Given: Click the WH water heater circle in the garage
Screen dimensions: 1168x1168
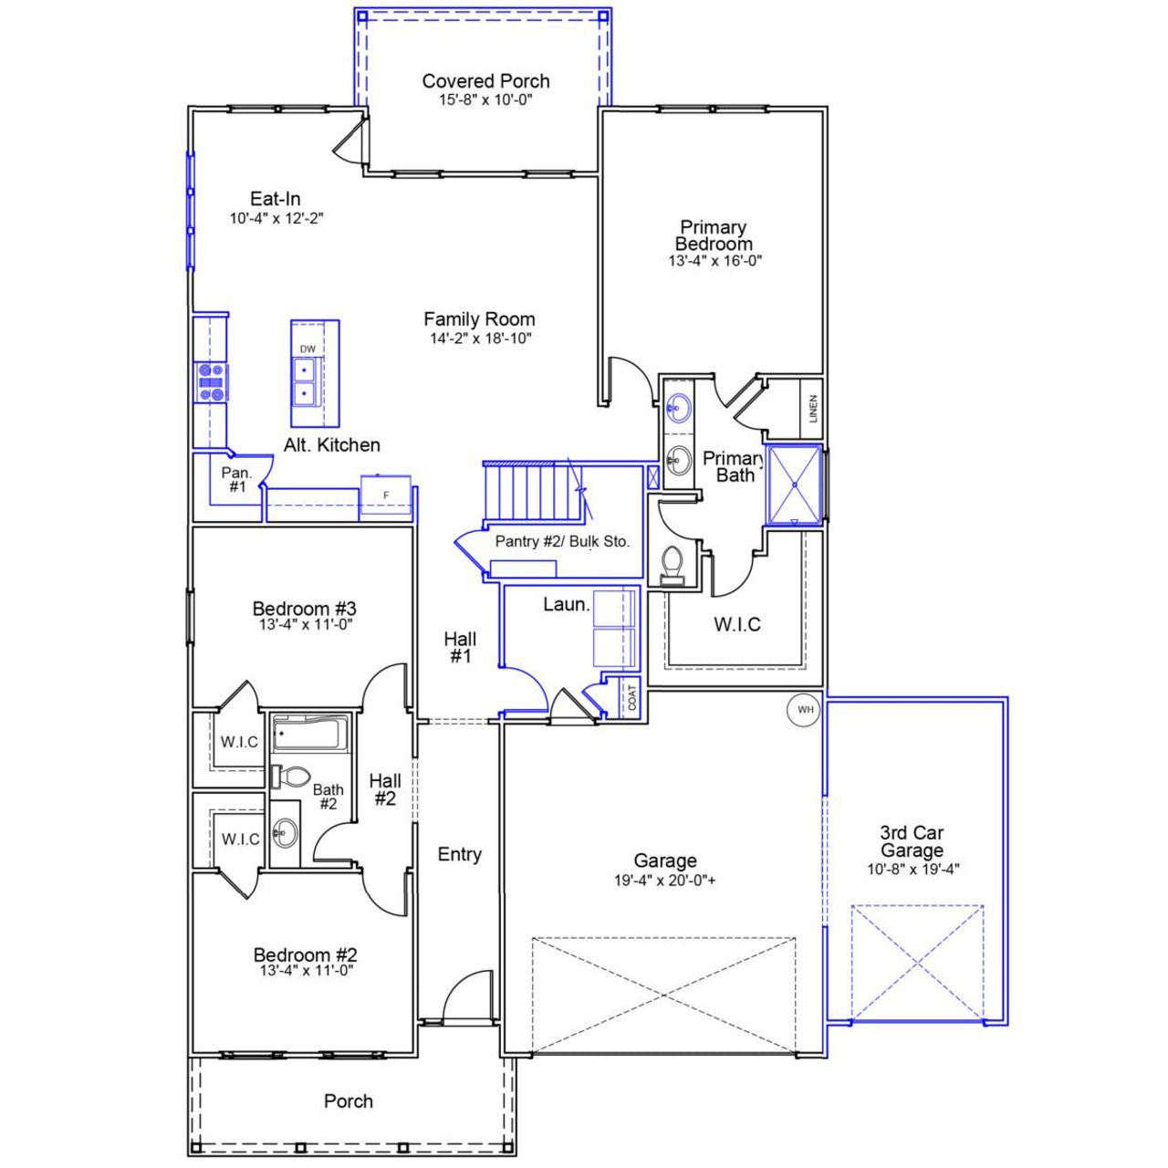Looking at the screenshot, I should click(804, 710).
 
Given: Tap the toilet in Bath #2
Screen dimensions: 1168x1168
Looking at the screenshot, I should click(290, 777).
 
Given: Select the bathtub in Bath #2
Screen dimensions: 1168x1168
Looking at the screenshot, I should click(310, 733).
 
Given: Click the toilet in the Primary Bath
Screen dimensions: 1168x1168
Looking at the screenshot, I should click(673, 565).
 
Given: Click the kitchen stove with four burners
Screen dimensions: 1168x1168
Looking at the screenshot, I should click(211, 382).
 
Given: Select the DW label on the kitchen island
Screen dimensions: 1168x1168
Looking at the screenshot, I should click(308, 349).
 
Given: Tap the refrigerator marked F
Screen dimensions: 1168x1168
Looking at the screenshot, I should click(386, 495).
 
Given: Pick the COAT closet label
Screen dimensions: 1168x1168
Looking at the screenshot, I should click(632, 698).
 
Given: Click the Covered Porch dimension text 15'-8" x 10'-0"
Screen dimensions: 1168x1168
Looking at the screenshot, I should click(485, 99).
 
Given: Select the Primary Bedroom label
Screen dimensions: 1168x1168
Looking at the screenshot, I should click(714, 235).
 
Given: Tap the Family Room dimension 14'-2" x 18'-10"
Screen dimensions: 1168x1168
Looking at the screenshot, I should click(480, 339).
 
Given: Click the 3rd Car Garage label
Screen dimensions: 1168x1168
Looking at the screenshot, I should click(912, 841).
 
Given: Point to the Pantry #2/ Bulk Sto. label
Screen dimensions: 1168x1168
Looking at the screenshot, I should click(562, 541).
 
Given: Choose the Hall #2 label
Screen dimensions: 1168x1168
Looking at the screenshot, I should click(384, 789).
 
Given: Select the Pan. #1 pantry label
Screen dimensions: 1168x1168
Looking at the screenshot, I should click(236, 480).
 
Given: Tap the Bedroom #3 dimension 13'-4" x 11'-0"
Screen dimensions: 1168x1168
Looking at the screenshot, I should click(305, 625).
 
